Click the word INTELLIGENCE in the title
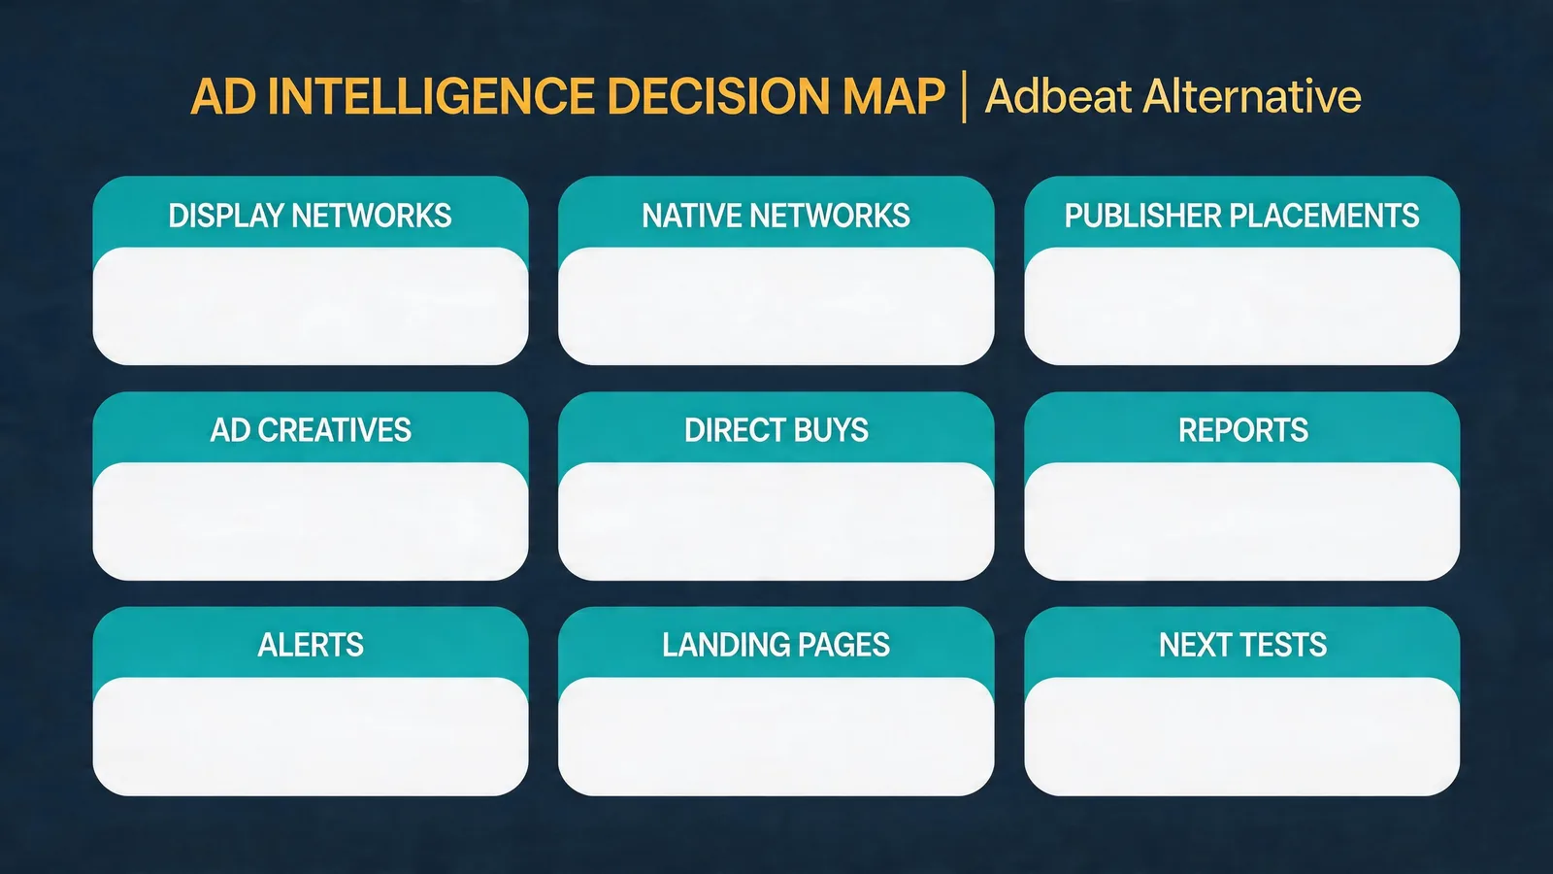431,96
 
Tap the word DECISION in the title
717,96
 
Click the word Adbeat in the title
1058,96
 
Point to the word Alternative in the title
1252,96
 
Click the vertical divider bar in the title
965,96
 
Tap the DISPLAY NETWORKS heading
310,216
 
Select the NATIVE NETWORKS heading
776,216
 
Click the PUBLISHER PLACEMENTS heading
1241,216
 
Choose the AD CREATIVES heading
311,430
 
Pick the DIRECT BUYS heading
776,430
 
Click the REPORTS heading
1243,430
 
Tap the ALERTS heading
311,645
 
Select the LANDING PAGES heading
776,645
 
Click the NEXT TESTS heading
1242,645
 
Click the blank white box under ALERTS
311,737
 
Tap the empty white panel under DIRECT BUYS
776,521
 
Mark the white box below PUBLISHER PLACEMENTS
1241,306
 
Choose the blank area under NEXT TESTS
1241,737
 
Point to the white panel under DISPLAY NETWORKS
311,306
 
